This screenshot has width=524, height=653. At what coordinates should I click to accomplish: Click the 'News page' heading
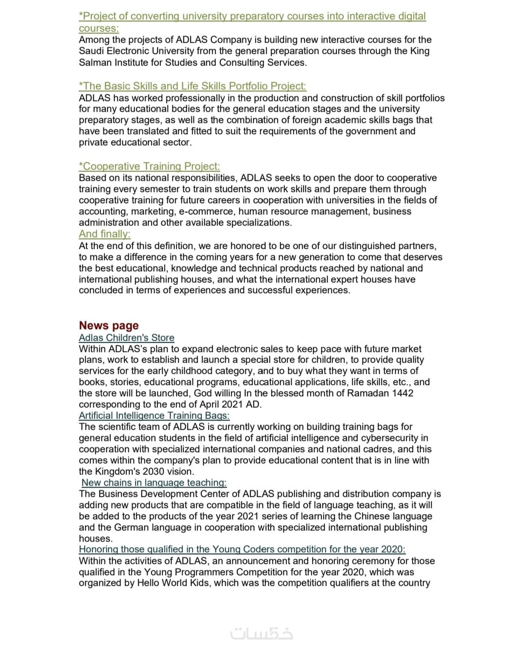(x=108, y=325)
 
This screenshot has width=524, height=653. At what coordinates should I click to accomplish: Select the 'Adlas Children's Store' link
(x=126, y=337)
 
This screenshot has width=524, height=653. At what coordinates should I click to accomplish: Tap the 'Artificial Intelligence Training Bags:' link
(x=154, y=415)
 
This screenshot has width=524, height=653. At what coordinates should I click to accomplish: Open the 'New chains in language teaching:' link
(x=154, y=482)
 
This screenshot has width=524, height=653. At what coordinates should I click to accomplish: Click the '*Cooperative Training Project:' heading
(x=149, y=166)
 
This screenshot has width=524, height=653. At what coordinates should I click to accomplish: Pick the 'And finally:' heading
(x=105, y=234)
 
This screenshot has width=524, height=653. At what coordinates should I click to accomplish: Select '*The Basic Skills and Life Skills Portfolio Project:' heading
(x=192, y=86)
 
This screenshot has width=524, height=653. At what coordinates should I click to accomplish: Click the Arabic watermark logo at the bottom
(x=262, y=634)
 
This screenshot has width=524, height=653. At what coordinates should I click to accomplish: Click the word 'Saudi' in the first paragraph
(x=91, y=51)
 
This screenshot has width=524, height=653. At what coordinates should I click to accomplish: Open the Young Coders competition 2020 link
(x=242, y=549)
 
